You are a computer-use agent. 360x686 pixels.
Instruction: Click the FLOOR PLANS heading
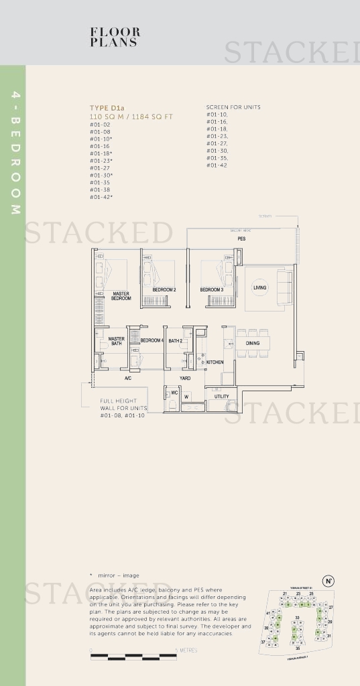115,37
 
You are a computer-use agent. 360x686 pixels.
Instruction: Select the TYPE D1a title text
107,108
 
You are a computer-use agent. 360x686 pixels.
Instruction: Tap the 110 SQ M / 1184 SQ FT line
131,117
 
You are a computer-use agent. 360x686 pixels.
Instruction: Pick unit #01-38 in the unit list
100,190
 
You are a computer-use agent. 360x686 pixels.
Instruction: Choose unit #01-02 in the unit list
100,125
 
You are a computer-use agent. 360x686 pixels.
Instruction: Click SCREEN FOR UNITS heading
233,107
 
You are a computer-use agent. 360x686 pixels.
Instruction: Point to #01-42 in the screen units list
217,165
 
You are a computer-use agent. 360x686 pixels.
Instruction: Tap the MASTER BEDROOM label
121,295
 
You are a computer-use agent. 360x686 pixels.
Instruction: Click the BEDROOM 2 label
164,290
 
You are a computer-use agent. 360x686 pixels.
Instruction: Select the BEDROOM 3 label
212,290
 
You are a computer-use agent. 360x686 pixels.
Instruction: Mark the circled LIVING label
259,287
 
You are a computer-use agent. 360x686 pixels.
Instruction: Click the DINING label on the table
252,344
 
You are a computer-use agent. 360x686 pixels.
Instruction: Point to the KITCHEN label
215,362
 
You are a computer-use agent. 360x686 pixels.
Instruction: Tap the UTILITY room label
221,396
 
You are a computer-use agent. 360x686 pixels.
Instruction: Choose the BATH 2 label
175,341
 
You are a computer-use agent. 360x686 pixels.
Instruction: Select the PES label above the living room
241,238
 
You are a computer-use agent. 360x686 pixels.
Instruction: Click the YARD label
184,379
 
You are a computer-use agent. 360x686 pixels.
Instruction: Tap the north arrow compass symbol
328,581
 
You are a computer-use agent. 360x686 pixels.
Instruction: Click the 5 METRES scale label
186,650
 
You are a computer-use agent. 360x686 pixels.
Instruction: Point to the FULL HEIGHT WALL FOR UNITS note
123,408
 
